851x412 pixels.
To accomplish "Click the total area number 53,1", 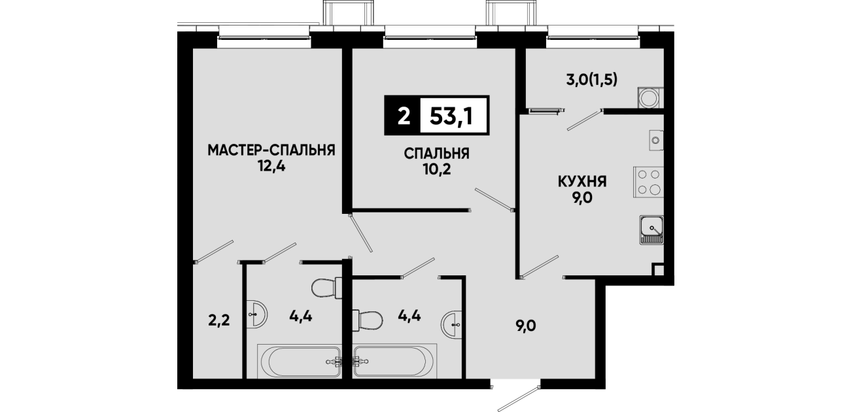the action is pos(451,116).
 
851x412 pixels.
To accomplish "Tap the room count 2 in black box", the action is pos(404,116).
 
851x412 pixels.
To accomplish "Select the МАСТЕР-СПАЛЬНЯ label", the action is pos(271,150).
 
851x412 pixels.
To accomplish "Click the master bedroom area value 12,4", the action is pos(271,166).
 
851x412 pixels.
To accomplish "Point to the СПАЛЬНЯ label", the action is pos(436,154).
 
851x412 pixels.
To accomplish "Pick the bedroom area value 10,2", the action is pos(437,170).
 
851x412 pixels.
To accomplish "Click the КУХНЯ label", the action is pos(582,182).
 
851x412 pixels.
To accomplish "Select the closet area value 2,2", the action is pos(219,321).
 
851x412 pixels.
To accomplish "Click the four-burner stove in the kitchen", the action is pos(648,182).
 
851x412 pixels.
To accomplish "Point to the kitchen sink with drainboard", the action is pos(651,230).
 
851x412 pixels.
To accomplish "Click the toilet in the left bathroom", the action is pos(326,288).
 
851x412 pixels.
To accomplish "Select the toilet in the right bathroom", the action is pos(368,320).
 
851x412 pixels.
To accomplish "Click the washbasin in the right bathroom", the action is pos(451,324).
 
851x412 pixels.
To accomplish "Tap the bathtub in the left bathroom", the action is pos(300,361).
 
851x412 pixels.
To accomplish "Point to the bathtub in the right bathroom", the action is pos(394,361).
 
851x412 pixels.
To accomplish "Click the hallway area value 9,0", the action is pos(526,326).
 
